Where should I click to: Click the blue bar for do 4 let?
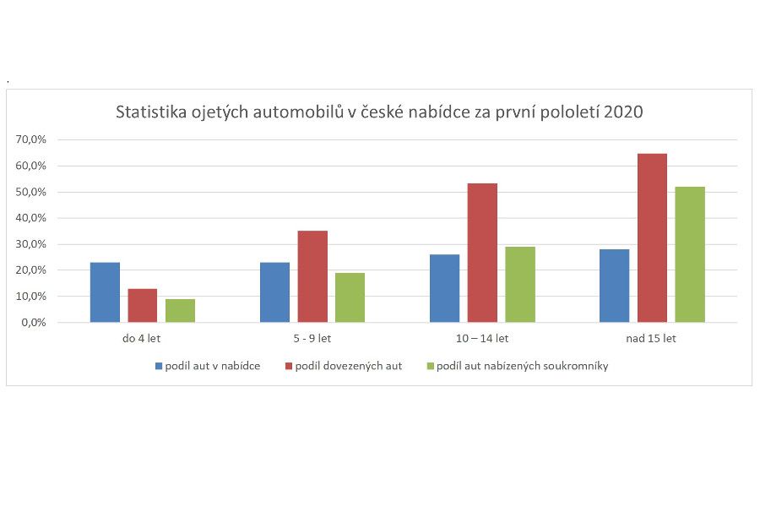click(105, 292)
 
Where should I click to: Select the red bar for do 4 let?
click(143, 305)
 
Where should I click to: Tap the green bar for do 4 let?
click(180, 310)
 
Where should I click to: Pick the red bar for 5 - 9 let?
click(312, 276)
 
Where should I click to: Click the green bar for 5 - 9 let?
click(350, 297)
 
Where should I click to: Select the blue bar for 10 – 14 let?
click(444, 288)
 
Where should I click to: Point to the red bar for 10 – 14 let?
click(482, 253)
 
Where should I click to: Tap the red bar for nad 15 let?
click(652, 237)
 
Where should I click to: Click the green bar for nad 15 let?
click(690, 254)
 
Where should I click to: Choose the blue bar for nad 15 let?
click(614, 286)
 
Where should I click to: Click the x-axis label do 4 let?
click(143, 339)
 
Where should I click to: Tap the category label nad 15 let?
click(652, 339)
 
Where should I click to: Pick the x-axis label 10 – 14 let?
click(482, 339)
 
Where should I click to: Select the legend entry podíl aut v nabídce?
click(212, 366)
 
